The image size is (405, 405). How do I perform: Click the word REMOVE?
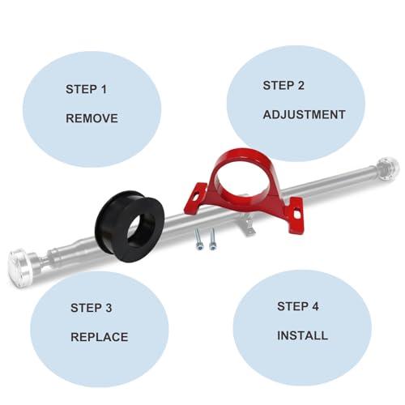[92, 118]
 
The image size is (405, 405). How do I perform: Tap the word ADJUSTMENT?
[304, 115]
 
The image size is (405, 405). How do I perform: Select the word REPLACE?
[100, 337]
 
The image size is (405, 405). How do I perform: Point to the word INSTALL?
[302, 335]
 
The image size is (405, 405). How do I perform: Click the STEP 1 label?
[86, 89]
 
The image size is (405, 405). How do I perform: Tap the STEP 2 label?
[283, 86]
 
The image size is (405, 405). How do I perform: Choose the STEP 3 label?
[91, 308]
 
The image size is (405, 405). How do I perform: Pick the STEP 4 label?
[298, 306]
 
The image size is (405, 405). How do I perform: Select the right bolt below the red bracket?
[213, 239]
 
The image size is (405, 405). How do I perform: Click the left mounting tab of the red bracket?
[195, 198]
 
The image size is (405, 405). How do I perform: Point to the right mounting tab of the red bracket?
[296, 215]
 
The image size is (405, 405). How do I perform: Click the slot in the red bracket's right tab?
[297, 214]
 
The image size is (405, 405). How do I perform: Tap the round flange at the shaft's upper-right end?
[388, 169]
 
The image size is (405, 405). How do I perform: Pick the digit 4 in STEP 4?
[315, 306]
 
